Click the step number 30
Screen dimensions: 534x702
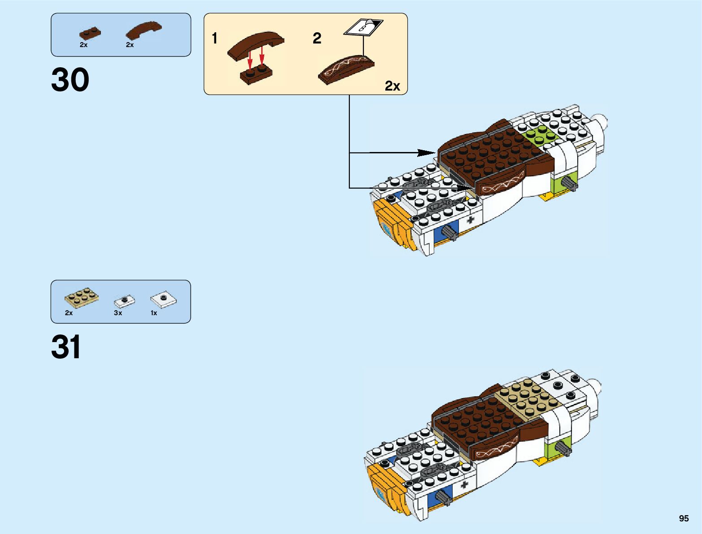click(x=70, y=80)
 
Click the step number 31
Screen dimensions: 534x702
click(x=66, y=347)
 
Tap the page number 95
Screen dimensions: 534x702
click(x=684, y=518)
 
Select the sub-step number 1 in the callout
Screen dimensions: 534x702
click(x=215, y=39)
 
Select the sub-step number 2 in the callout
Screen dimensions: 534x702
click(x=317, y=39)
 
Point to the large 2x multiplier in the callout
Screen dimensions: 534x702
click(x=392, y=86)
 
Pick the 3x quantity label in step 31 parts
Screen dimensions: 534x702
click(x=118, y=313)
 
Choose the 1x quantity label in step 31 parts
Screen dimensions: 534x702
click(x=154, y=313)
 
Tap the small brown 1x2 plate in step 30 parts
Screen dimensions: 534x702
click(x=90, y=34)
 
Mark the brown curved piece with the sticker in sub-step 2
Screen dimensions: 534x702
click(x=346, y=69)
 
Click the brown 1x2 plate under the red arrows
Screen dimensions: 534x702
click(x=256, y=75)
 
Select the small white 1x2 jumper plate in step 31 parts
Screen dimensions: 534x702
click(x=125, y=300)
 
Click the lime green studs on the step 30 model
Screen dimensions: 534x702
click(x=541, y=135)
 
